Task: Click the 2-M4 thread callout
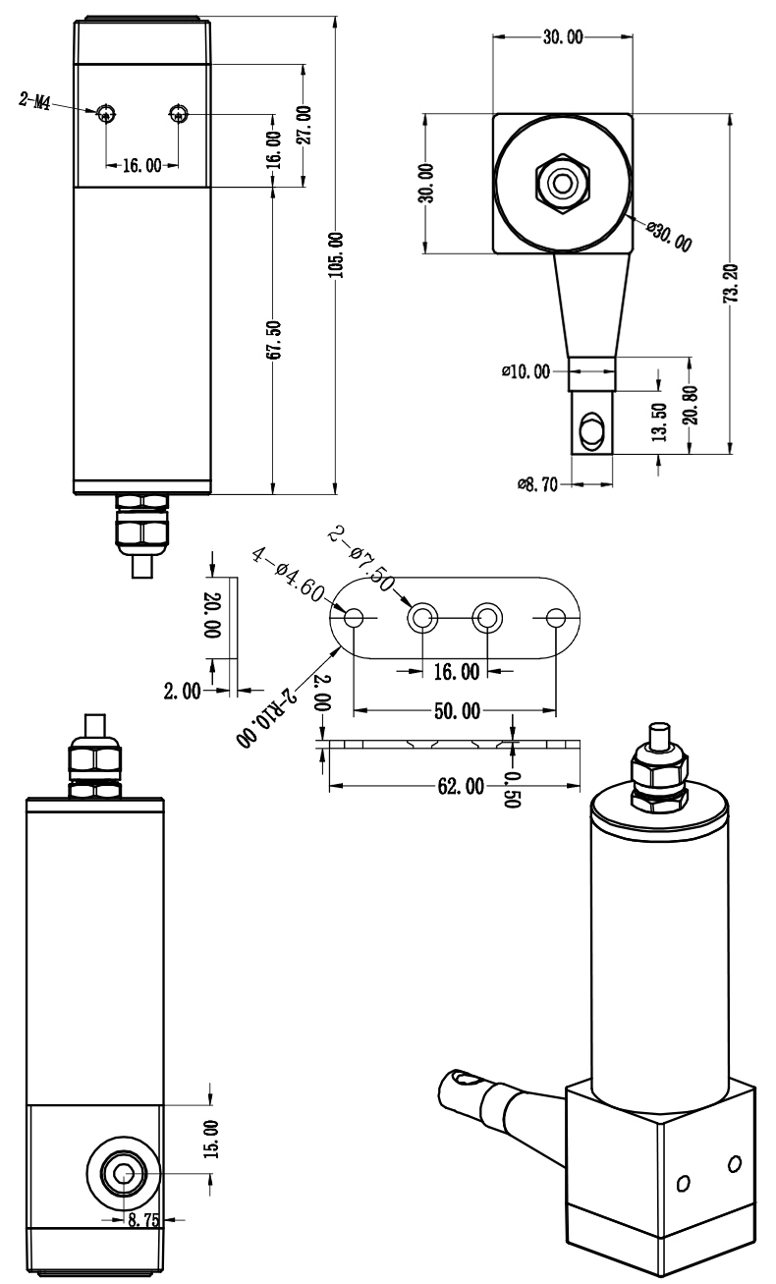tap(34, 101)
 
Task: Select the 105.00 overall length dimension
tap(336, 254)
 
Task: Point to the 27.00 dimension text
tap(304, 126)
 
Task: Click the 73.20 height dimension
tap(731, 284)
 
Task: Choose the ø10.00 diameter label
tap(526, 371)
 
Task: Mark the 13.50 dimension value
tap(659, 421)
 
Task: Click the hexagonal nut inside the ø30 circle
tap(562, 183)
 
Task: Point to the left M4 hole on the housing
tap(107, 114)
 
